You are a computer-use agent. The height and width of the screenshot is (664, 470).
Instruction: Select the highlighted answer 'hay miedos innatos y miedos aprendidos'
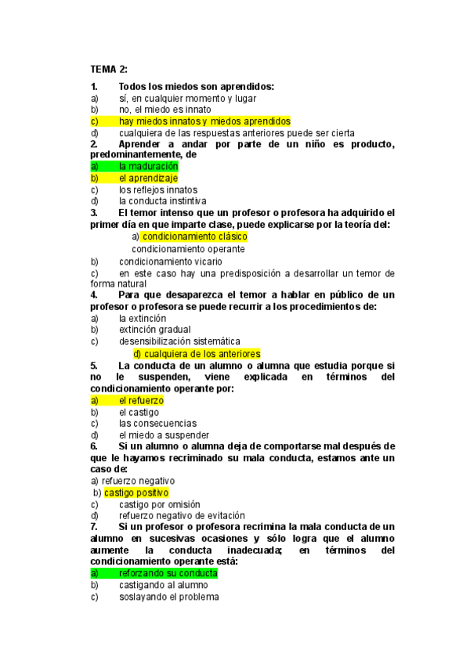coord(204,121)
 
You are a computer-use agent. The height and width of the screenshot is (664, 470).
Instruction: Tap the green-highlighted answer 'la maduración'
coord(148,167)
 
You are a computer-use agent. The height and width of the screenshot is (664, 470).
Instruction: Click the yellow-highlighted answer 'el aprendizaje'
coord(148,179)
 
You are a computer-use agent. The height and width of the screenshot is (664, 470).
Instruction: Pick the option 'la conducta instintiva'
coord(162,201)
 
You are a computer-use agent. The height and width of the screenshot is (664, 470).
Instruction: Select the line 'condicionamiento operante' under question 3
coord(188,249)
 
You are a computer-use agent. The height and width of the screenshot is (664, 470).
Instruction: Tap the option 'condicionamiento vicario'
coord(170,262)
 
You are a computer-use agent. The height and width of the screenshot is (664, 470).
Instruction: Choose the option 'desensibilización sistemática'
coord(179,341)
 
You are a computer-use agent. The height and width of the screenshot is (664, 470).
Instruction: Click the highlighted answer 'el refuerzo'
coord(141,400)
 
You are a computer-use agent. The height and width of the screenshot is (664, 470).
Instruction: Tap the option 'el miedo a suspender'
coord(164,435)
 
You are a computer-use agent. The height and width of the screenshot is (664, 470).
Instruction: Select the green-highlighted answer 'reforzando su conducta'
coord(168,573)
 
